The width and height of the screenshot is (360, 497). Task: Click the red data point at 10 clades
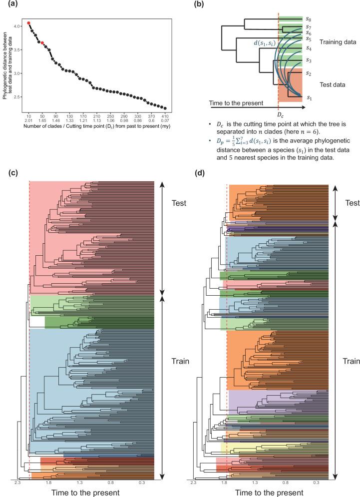(29, 23)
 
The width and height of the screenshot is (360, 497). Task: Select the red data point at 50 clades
(42, 43)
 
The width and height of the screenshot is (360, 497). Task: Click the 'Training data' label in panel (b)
(337, 42)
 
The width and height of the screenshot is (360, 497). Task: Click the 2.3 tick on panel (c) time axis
(17, 483)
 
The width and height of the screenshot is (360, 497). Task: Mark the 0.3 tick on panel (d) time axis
(316, 483)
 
